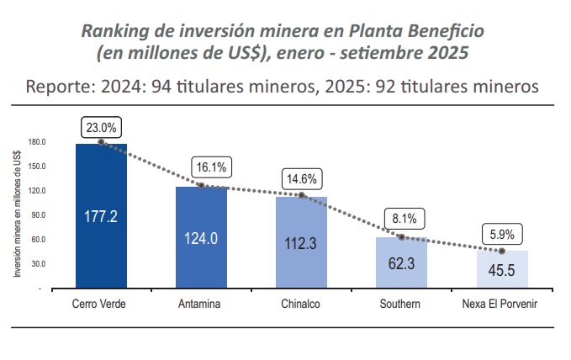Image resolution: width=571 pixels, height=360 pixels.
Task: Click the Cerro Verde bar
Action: pos(101,216)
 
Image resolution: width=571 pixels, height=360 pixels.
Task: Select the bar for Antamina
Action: pos(201,238)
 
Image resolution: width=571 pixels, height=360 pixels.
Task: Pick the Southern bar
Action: pos(401,263)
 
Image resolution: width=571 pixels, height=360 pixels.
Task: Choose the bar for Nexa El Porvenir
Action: pos(502,270)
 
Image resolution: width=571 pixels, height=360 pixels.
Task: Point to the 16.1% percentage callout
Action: pos(210,167)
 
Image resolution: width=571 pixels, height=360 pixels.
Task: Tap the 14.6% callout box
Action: pos(302,179)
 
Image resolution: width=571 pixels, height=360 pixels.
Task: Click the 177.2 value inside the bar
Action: pos(101,217)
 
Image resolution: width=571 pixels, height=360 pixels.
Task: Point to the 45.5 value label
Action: pos(502,271)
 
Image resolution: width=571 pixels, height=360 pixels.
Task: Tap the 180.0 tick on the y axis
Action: pos(37,142)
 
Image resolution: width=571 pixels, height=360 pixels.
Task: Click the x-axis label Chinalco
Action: pos(301,304)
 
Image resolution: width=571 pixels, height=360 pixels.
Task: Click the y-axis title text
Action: pos(18,214)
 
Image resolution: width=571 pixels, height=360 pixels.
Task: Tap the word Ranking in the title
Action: pos(114,31)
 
